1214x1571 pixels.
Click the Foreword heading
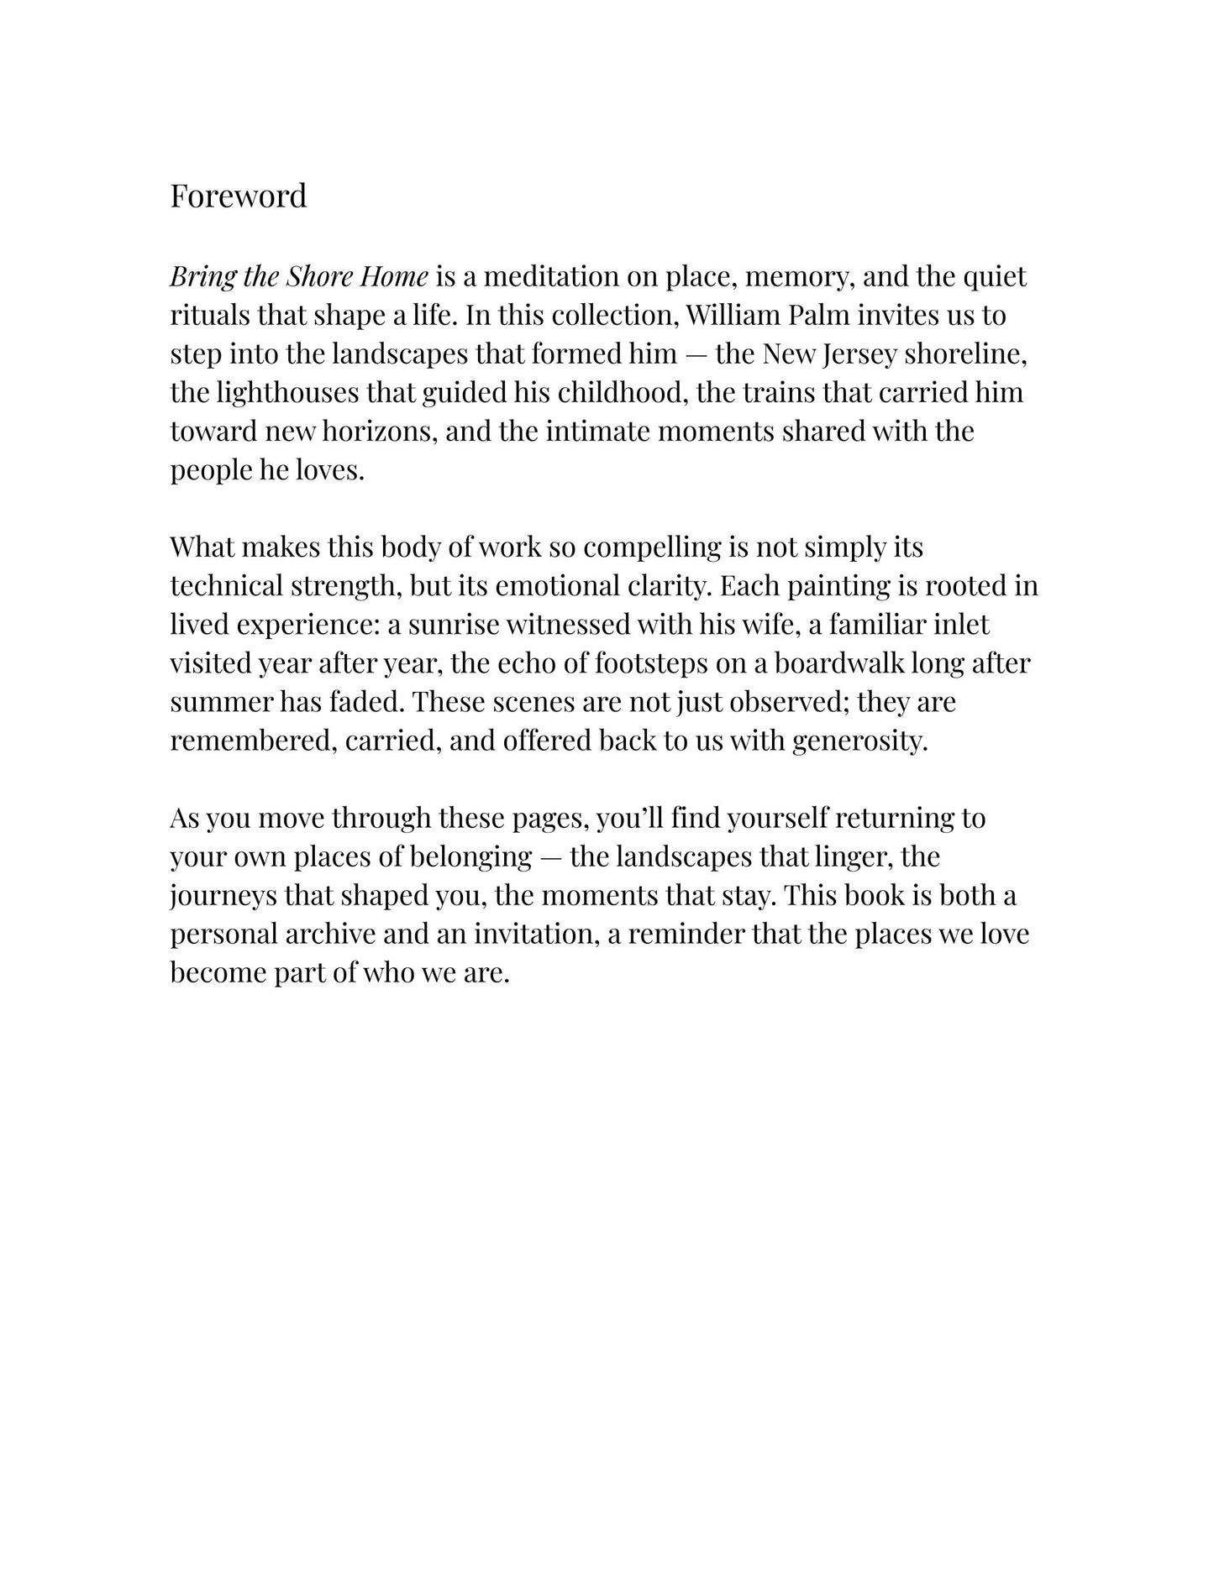click(x=239, y=196)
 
